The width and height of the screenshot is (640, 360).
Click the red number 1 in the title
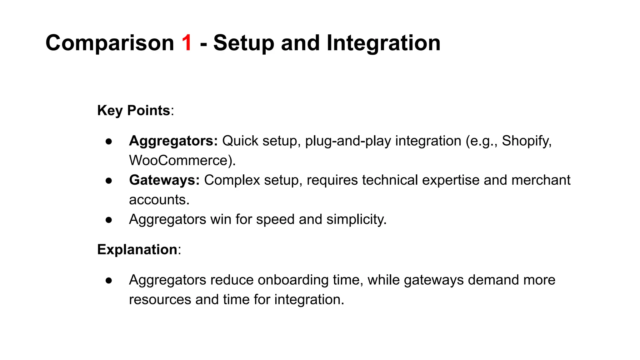(187, 43)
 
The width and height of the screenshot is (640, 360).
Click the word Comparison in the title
(110, 43)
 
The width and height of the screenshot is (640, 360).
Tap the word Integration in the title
(383, 43)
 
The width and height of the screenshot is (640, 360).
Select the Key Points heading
(134, 110)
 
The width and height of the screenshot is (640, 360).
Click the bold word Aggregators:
(173, 141)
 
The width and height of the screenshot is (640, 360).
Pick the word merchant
(541, 180)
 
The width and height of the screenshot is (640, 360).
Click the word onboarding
(293, 280)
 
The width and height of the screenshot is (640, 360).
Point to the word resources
(160, 299)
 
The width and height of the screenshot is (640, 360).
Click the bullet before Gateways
(109, 181)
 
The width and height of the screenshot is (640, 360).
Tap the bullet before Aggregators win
(109, 220)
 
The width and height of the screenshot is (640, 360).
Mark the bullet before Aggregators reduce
(109, 280)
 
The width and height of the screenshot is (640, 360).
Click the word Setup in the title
(244, 43)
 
